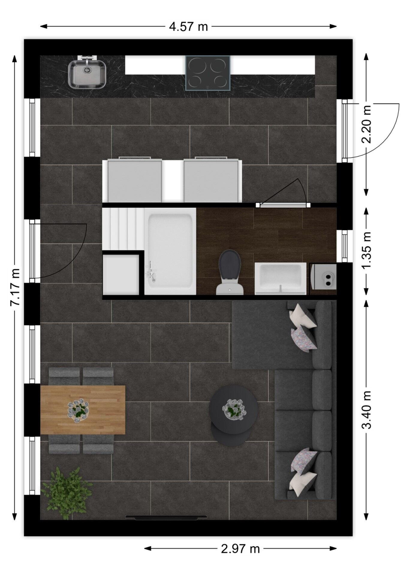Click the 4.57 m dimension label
188,27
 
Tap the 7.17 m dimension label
15,287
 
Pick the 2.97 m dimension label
240,549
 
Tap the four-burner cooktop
208,73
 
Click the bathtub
170,252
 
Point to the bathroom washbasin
281,279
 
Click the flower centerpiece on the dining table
78,410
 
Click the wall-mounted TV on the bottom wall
166,517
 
